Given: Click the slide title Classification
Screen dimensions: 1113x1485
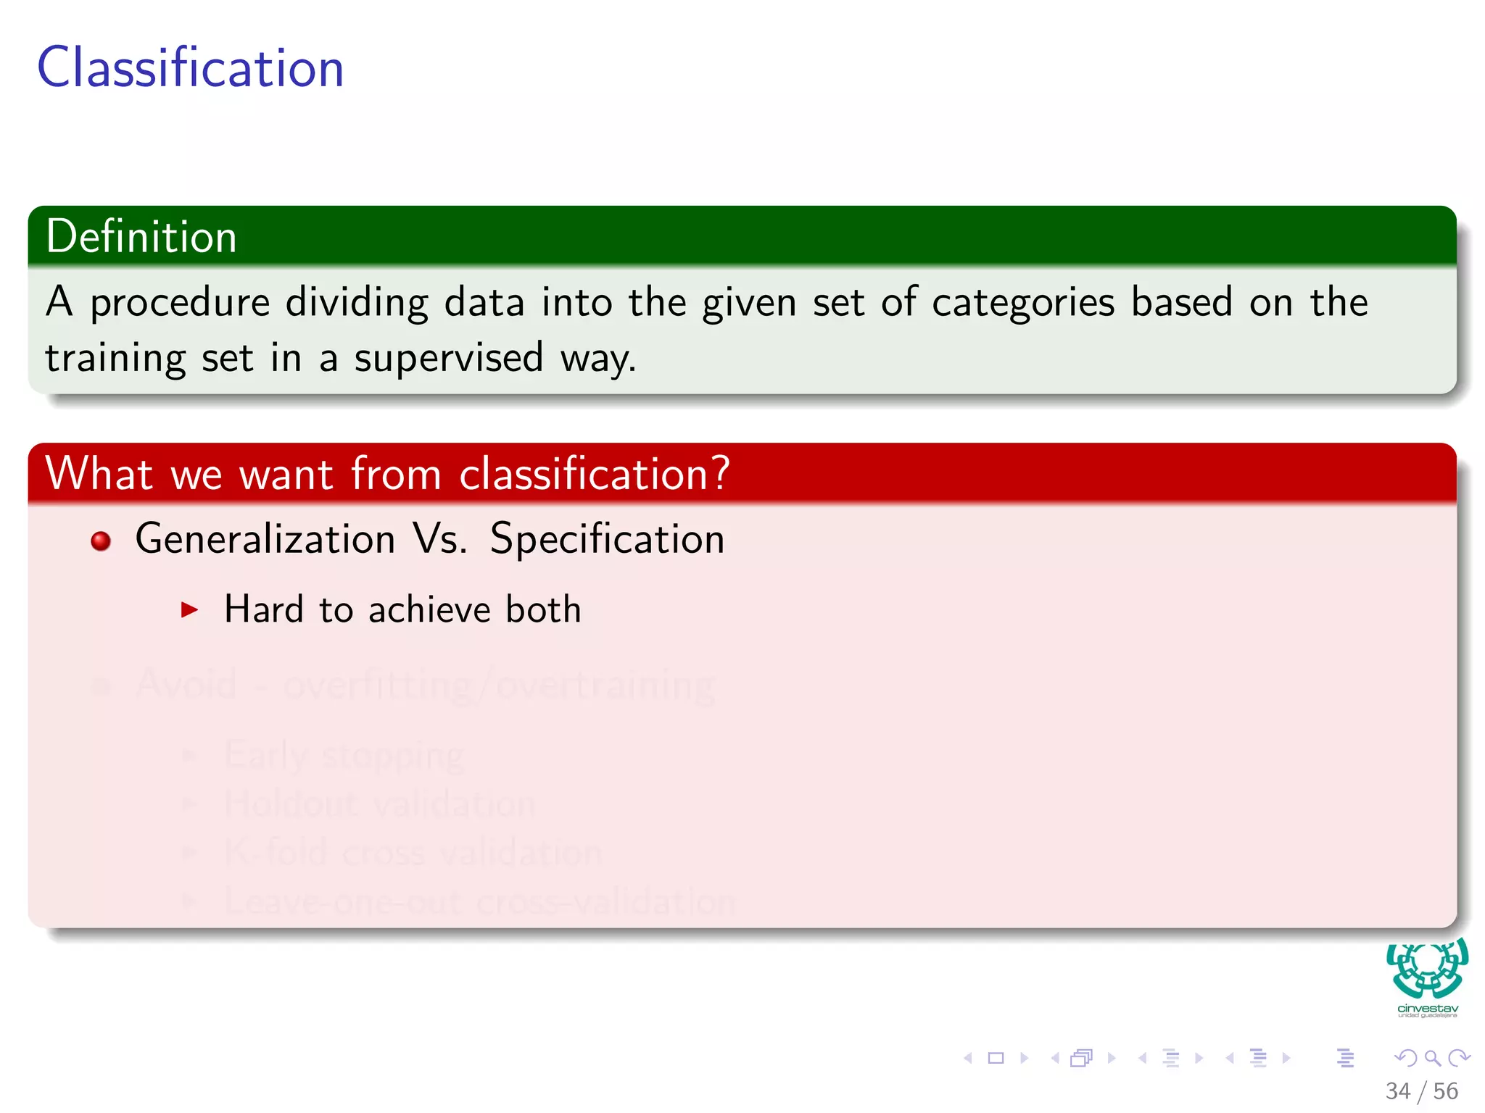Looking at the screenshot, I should point(190,68).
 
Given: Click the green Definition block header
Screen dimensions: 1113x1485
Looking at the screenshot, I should point(141,237).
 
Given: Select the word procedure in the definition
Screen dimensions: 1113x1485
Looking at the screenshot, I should point(180,303).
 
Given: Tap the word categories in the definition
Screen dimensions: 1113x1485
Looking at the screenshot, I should point(1022,303).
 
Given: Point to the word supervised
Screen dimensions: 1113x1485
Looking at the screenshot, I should point(448,358).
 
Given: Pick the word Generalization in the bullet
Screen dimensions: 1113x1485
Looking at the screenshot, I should point(265,539).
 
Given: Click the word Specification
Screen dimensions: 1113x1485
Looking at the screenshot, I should point(607,539).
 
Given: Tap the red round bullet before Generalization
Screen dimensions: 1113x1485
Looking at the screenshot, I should point(101,541).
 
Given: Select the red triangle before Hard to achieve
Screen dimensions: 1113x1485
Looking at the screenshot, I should point(189,609).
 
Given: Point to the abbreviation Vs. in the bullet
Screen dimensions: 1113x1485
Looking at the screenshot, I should point(440,539).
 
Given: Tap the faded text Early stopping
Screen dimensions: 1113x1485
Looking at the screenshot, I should point(344,756).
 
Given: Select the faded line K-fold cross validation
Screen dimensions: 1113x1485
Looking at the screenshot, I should point(413,852).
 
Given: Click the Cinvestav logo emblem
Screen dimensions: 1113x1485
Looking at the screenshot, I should point(1427,970).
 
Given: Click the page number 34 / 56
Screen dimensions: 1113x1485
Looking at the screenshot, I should point(1421,1091).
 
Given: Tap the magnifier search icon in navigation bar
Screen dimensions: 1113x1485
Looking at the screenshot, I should point(1432,1058).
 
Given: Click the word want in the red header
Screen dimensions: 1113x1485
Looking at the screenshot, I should point(286,475).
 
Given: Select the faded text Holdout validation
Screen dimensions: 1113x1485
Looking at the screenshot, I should point(380,804).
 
